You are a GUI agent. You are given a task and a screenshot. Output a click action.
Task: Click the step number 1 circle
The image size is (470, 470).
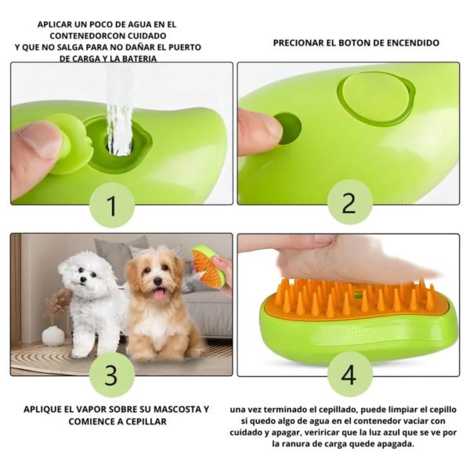click(111, 205)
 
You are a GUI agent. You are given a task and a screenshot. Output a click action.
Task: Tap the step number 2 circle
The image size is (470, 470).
click(350, 202)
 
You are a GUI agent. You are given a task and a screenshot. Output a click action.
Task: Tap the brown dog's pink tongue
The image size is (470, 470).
click(159, 294)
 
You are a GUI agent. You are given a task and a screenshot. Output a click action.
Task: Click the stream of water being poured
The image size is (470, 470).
click(119, 110)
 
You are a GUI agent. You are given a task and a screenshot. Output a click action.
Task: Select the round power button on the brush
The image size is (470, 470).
click(376, 99)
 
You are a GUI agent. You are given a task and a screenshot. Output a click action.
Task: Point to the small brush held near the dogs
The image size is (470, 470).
click(208, 266)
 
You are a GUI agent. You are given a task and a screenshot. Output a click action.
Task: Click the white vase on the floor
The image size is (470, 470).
click(53, 334)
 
